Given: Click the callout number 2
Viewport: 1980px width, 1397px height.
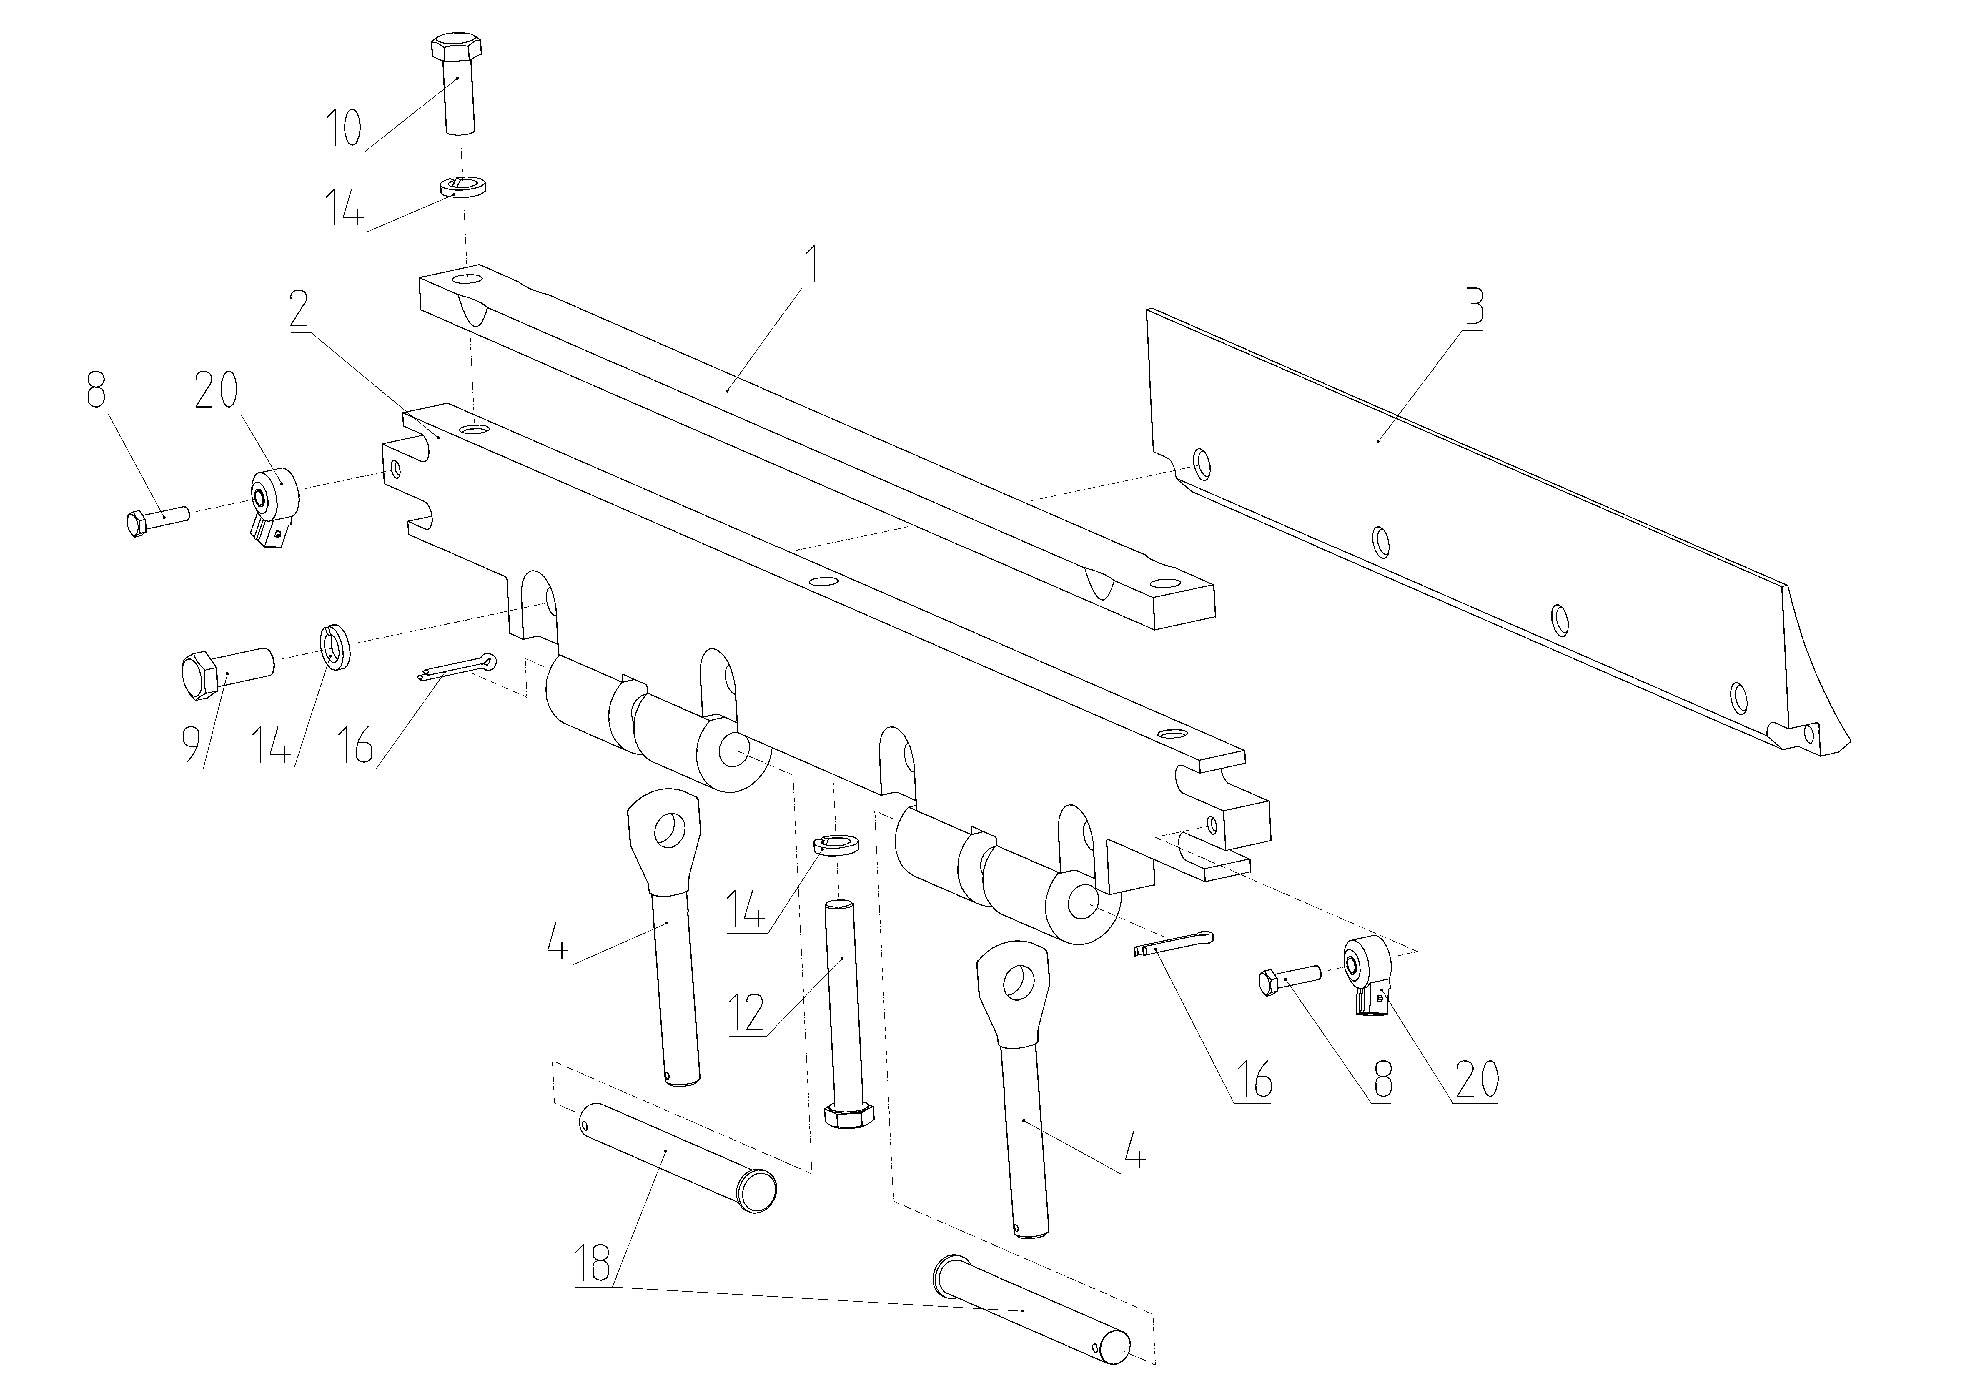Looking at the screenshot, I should point(298,309).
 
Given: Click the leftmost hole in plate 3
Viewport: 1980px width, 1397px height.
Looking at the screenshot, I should point(1199,464).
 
